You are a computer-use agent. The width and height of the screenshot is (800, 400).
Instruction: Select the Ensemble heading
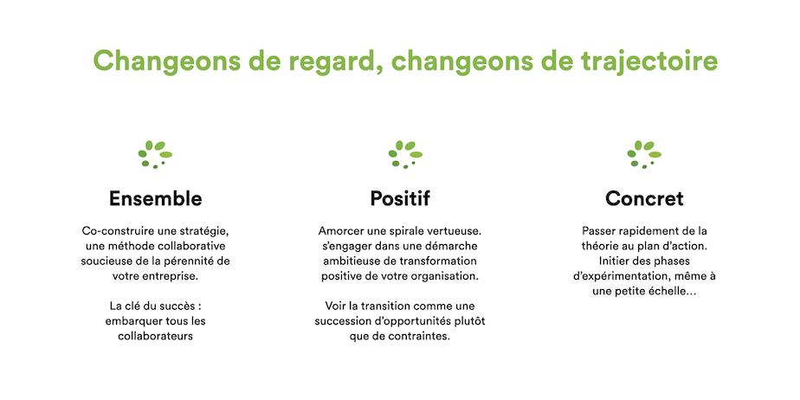155,198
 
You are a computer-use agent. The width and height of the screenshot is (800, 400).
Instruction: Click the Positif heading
400,198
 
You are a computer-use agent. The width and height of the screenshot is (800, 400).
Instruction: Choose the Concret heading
644,198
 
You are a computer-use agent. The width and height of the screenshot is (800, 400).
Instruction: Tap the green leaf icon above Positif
405,154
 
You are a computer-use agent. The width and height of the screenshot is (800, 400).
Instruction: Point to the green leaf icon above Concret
644,154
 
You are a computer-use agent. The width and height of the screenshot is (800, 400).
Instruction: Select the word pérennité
190,261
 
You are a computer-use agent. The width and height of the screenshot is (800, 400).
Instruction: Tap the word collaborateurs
155,337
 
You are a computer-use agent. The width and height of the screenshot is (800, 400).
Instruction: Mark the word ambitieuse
345,261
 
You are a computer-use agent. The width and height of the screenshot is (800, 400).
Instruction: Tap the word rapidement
635,231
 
